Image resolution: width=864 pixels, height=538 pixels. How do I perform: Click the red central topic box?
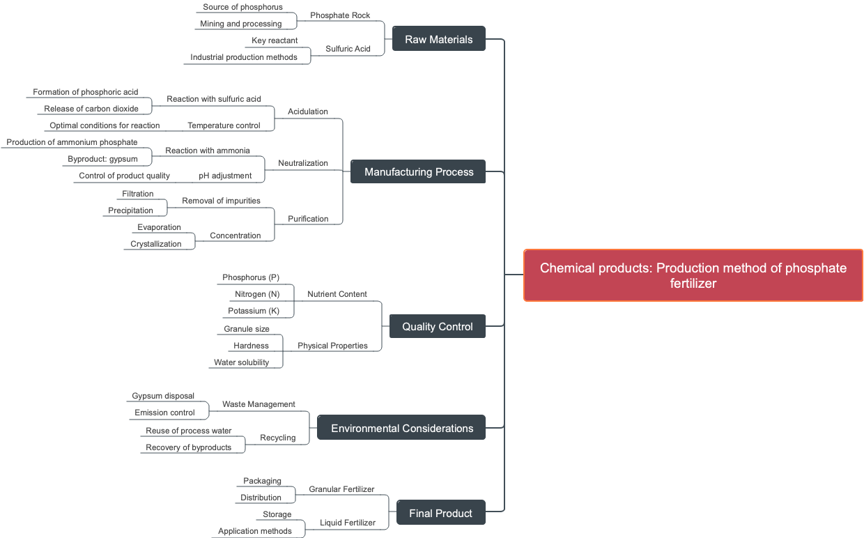click(x=693, y=275)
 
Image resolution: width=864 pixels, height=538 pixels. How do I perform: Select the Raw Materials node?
click(x=438, y=39)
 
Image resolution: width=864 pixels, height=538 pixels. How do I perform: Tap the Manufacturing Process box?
click(x=418, y=171)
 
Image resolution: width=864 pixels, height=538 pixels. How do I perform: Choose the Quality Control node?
click(x=437, y=326)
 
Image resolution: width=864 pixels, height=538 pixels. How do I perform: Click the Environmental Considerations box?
click(x=401, y=428)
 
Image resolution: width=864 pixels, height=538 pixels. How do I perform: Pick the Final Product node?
click(x=440, y=513)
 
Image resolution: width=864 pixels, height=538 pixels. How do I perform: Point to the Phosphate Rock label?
click(x=340, y=15)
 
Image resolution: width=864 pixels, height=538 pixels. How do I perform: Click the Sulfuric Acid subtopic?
click(x=348, y=49)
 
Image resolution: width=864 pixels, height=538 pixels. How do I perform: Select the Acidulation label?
click(x=308, y=112)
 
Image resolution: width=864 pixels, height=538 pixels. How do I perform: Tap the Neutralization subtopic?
click(x=302, y=163)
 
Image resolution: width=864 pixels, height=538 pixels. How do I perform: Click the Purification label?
click(x=308, y=219)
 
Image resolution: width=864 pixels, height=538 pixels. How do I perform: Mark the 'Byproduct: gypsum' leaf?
click(x=102, y=159)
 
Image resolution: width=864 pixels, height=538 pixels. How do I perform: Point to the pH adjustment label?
click(x=225, y=176)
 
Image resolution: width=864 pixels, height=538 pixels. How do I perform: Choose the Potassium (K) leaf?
click(x=254, y=311)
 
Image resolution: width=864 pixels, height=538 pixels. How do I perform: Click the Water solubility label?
click(x=241, y=362)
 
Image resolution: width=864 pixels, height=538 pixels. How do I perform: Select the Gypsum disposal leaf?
click(x=163, y=396)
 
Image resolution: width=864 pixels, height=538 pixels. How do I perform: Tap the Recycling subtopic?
click(x=277, y=438)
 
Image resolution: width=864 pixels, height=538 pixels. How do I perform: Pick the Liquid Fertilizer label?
click(x=347, y=523)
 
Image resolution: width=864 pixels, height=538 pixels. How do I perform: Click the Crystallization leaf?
click(x=156, y=244)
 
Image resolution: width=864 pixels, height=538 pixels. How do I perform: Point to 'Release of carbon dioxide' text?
click(x=91, y=109)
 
